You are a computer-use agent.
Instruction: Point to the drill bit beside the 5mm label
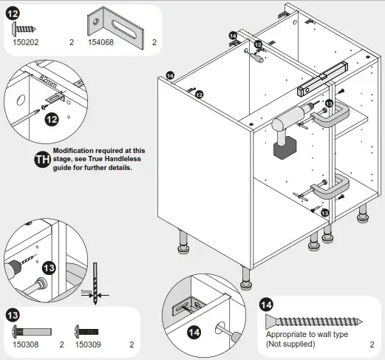[x=95, y=277]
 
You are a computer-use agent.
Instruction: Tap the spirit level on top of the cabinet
[x=321, y=78]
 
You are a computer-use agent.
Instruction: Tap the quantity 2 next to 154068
[x=154, y=43]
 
